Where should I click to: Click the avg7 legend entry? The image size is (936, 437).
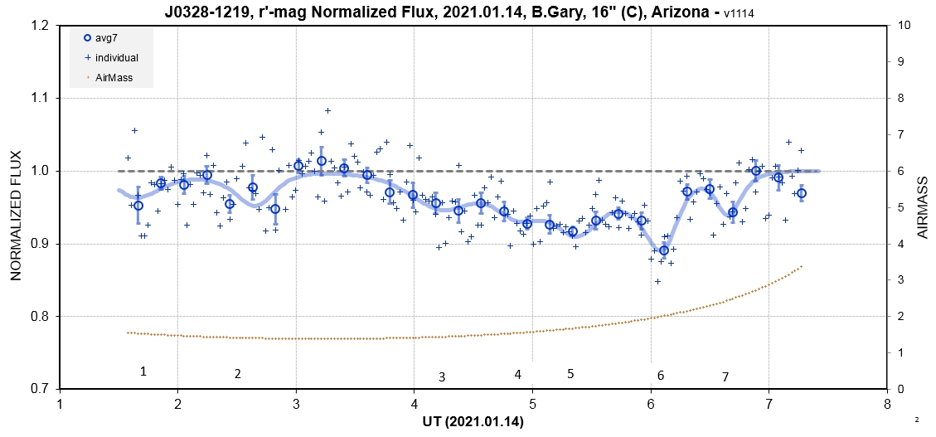(x=108, y=37)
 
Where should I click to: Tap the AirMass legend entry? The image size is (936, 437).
(x=112, y=79)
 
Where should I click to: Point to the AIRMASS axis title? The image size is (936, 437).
(x=922, y=207)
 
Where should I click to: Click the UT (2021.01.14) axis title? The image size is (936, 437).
(x=473, y=422)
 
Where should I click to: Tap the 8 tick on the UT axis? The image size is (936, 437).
(x=887, y=405)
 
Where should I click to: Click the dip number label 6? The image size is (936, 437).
(x=661, y=376)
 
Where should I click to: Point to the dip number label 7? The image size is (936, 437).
(x=725, y=377)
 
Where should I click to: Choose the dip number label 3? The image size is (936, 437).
(x=442, y=377)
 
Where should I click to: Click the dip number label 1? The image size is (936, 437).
(x=143, y=371)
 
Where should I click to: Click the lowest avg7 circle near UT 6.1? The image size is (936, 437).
(x=663, y=250)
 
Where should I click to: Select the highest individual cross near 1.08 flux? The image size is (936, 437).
(x=327, y=110)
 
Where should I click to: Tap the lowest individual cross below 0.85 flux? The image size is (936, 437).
(x=657, y=281)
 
